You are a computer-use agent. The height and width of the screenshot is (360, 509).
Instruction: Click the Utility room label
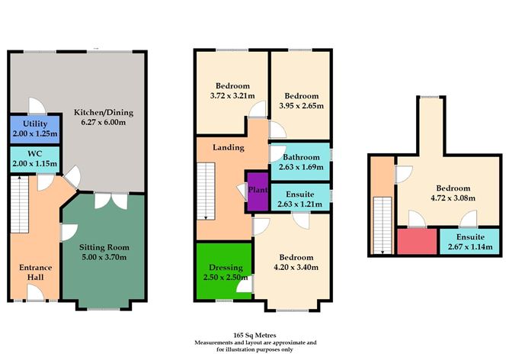coord(34,123)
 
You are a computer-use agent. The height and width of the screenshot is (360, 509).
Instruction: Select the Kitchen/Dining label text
coord(103,111)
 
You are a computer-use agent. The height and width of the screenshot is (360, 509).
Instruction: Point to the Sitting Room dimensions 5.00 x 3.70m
coord(104,258)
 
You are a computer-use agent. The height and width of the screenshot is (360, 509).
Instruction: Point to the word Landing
coord(229,147)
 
